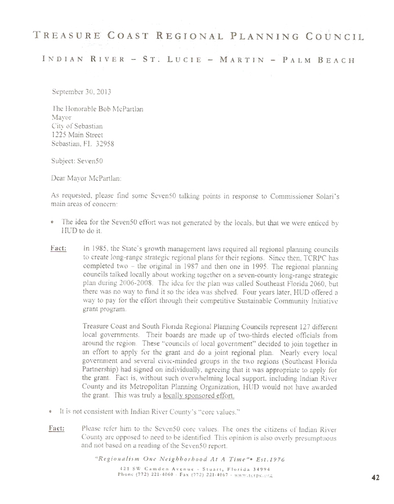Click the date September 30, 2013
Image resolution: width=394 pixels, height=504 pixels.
tap(80, 90)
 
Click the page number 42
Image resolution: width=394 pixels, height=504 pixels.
tap(377, 478)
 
